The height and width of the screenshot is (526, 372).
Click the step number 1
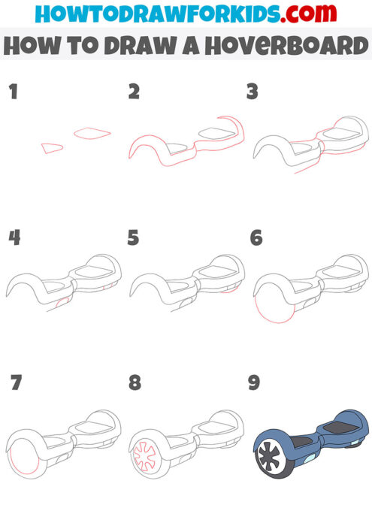coord(12,92)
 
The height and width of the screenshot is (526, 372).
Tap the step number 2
coord(135,92)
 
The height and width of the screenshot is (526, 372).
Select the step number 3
coord(253,92)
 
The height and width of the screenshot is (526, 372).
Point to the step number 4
coord(14,238)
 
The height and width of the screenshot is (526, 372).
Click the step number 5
coord(134,238)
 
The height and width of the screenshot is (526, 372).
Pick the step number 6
coord(256,238)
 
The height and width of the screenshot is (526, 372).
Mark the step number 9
coord(254,383)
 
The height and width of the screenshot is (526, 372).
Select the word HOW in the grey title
coord(32,46)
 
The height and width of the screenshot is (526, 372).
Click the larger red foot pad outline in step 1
coord(92,133)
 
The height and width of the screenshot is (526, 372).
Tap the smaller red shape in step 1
coord(51,148)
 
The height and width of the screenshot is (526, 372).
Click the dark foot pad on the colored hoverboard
coord(333,428)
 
